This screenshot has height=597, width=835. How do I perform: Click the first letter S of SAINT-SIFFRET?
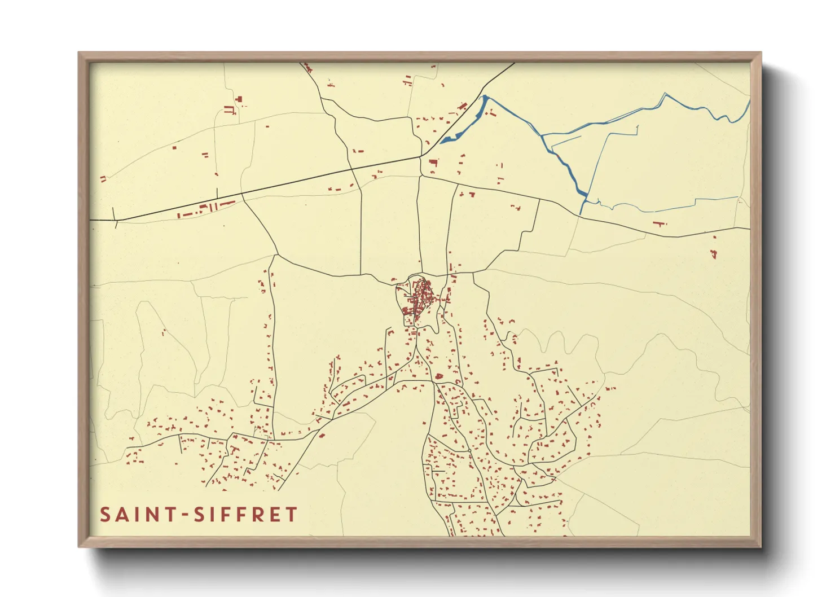(x=106, y=515)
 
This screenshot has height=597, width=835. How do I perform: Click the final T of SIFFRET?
(x=291, y=515)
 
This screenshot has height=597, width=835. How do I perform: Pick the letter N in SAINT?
(x=151, y=515)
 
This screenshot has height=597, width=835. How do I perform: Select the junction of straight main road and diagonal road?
(x=421, y=156)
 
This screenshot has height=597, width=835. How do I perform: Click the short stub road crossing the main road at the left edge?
(x=115, y=218)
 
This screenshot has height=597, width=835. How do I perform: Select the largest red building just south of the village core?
(x=438, y=376)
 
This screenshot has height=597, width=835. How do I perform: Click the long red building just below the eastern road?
(x=658, y=224)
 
